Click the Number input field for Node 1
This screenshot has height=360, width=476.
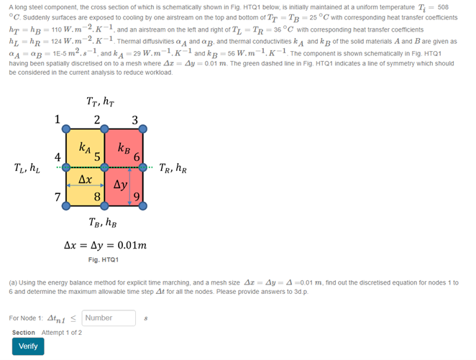pos(109,318)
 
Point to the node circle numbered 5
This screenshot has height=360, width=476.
pos(104,167)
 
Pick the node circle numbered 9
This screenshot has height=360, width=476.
pos(142,206)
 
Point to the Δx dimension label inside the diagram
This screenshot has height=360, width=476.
pos(85,177)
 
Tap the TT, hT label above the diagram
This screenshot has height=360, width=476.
pos(104,102)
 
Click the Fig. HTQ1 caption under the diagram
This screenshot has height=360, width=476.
pos(104,259)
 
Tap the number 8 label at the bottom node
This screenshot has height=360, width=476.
pos(97,196)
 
